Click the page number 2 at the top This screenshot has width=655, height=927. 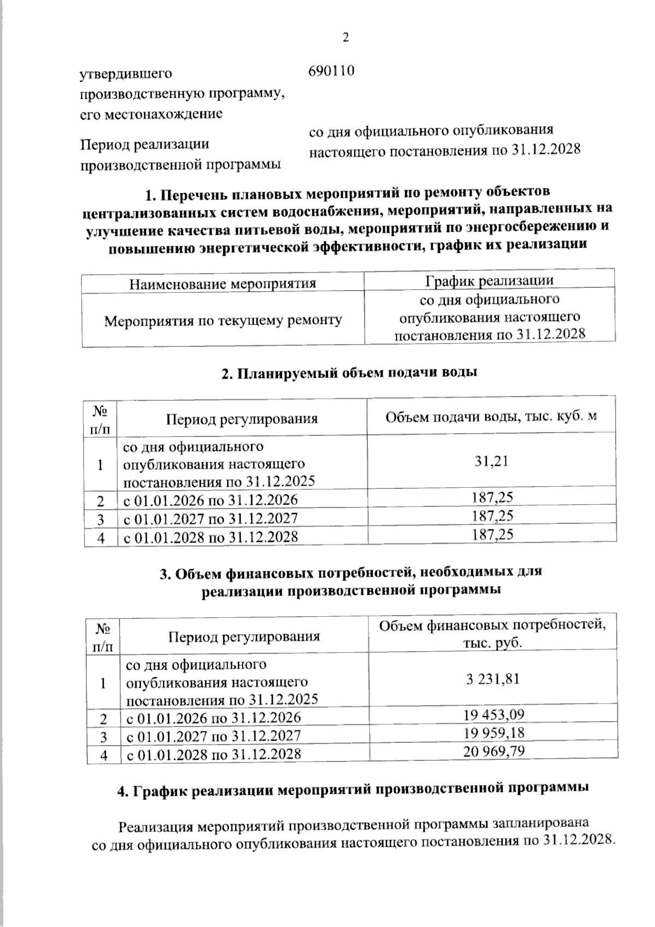pyautogui.click(x=344, y=37)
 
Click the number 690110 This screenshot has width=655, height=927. pyautogui.click(x=332, y=71)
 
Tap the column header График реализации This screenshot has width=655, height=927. pyautogui.click(x=490, y=280)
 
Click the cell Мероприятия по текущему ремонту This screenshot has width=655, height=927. pyautogui.click(x=223, y=320)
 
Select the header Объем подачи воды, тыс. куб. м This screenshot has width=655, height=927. pyautogui.click(x=491, y=417)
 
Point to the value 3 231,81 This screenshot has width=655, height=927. pyautogui.click(x=492, y=679)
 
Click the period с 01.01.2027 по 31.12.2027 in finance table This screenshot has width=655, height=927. pyautogui.click(x=213, y=736)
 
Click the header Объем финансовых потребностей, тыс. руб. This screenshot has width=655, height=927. pyautogui.click(x=493, y=633)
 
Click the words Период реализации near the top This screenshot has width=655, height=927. pyautogui.click(x=145, y=145)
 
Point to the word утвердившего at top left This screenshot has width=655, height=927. pyautogui.click(x=126, y=73)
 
